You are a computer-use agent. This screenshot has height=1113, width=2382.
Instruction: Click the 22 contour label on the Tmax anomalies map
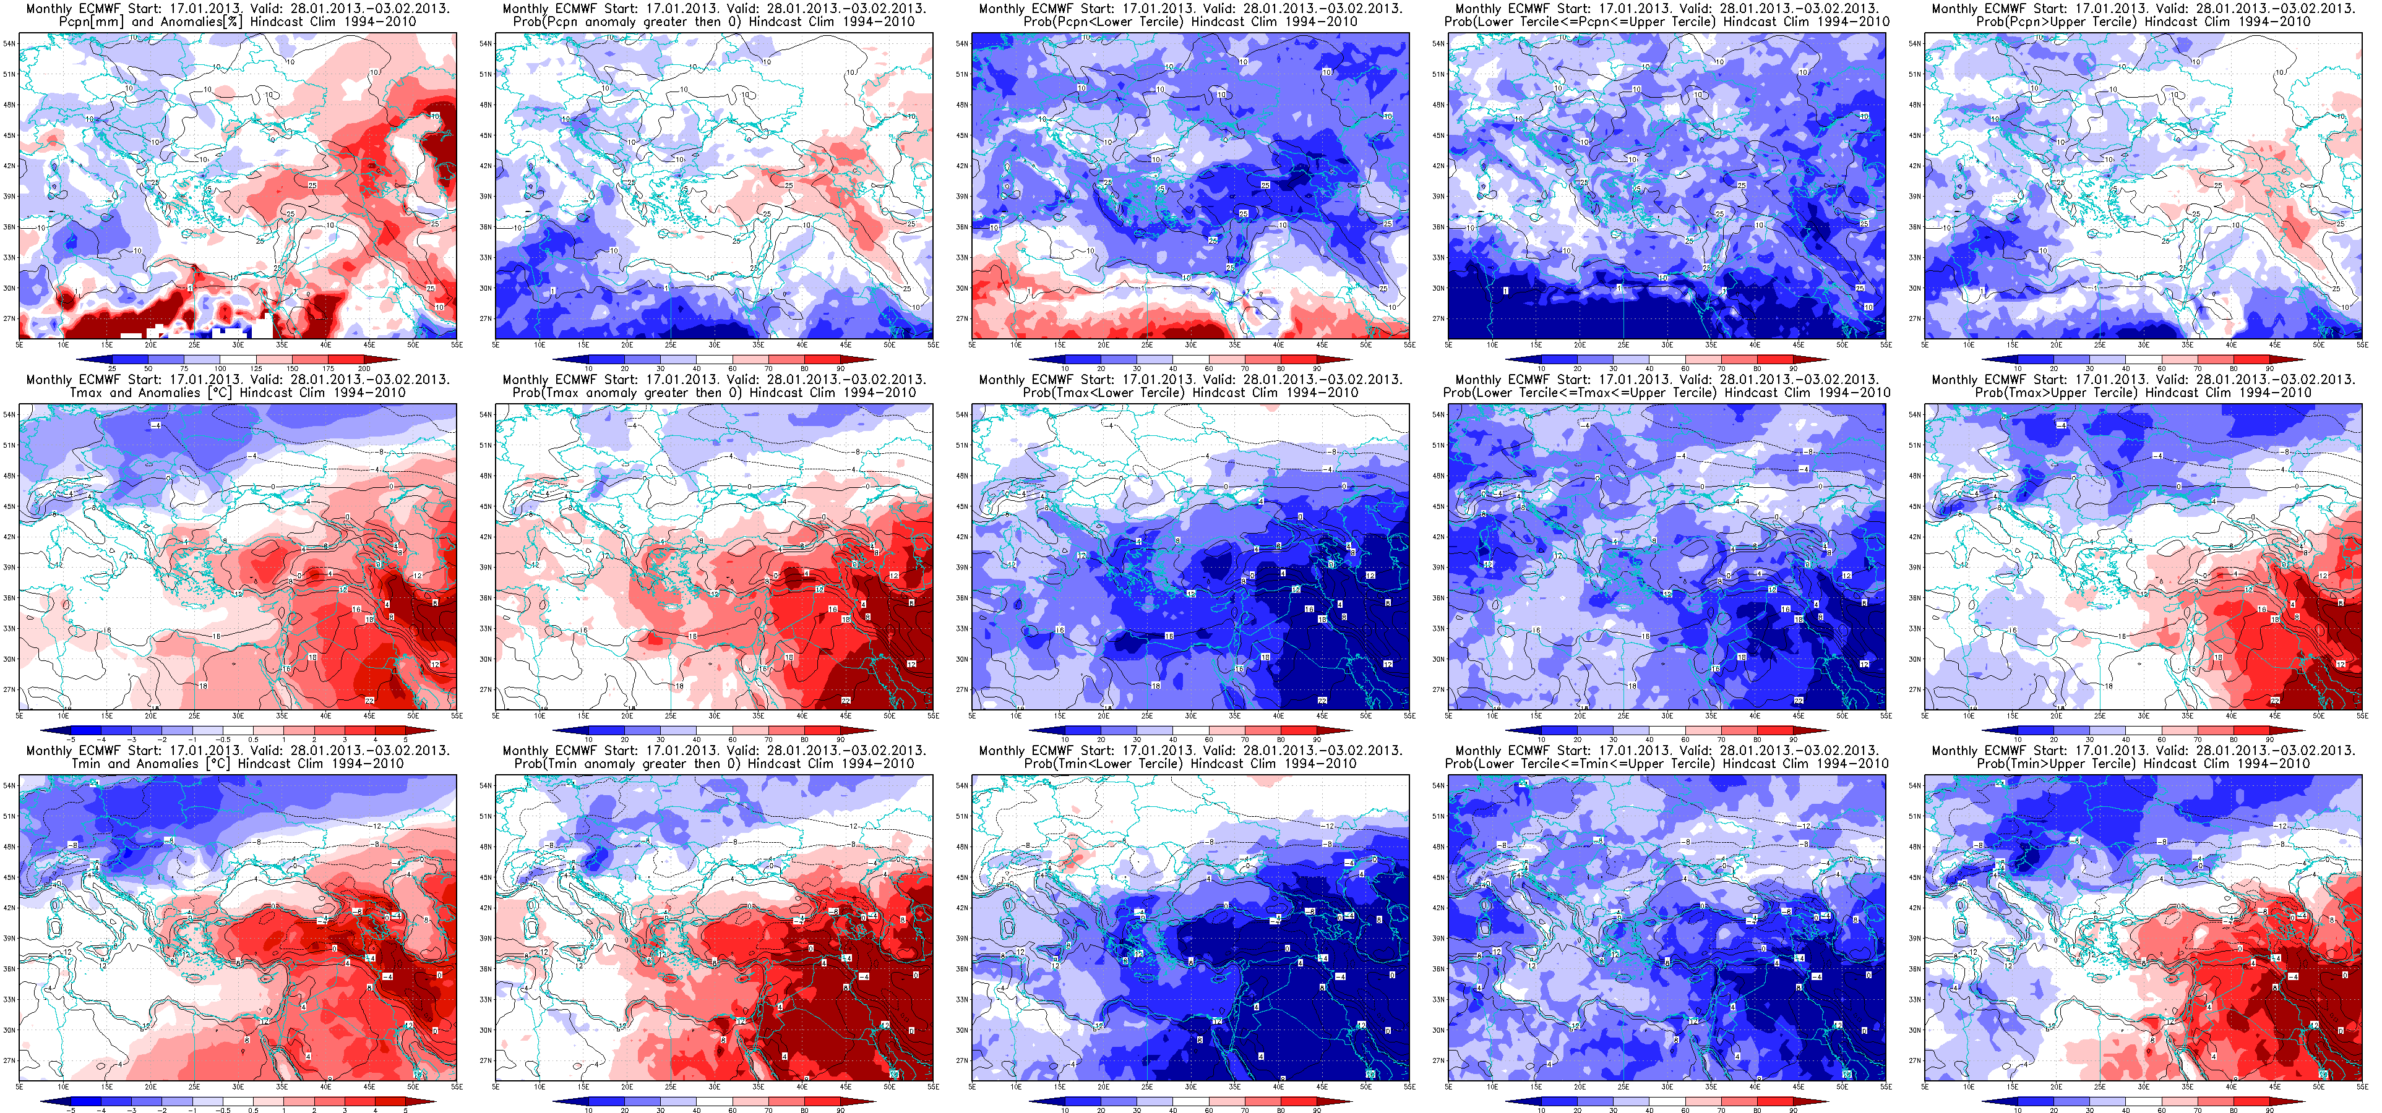[369, 701]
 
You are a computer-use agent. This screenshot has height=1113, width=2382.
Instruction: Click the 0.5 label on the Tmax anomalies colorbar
[254, 740]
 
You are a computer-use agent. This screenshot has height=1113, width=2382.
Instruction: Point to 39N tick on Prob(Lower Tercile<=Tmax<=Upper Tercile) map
[1437, 566]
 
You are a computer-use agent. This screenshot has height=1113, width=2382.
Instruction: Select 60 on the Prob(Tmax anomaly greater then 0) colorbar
[733, 740]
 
